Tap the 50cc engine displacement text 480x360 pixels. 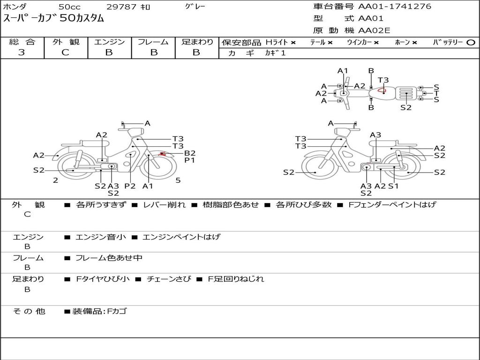(69, 7)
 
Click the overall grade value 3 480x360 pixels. (22, 52)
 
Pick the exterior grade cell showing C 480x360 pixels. (65, 52)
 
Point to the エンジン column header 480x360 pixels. (109, 42)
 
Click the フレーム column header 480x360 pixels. (153, 42)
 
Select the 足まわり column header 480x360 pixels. (197, 42)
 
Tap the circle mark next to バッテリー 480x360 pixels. (471, 43)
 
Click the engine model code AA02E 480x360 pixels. (374, 31)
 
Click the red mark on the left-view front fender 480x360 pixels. (163, 154)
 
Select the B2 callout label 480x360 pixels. (189, 153)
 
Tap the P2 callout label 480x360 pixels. (130, 186)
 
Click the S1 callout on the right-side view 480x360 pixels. (393, 186)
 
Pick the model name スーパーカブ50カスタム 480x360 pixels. (54, 19)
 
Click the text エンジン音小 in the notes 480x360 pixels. (101, 237)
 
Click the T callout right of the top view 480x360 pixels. (436, 93)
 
